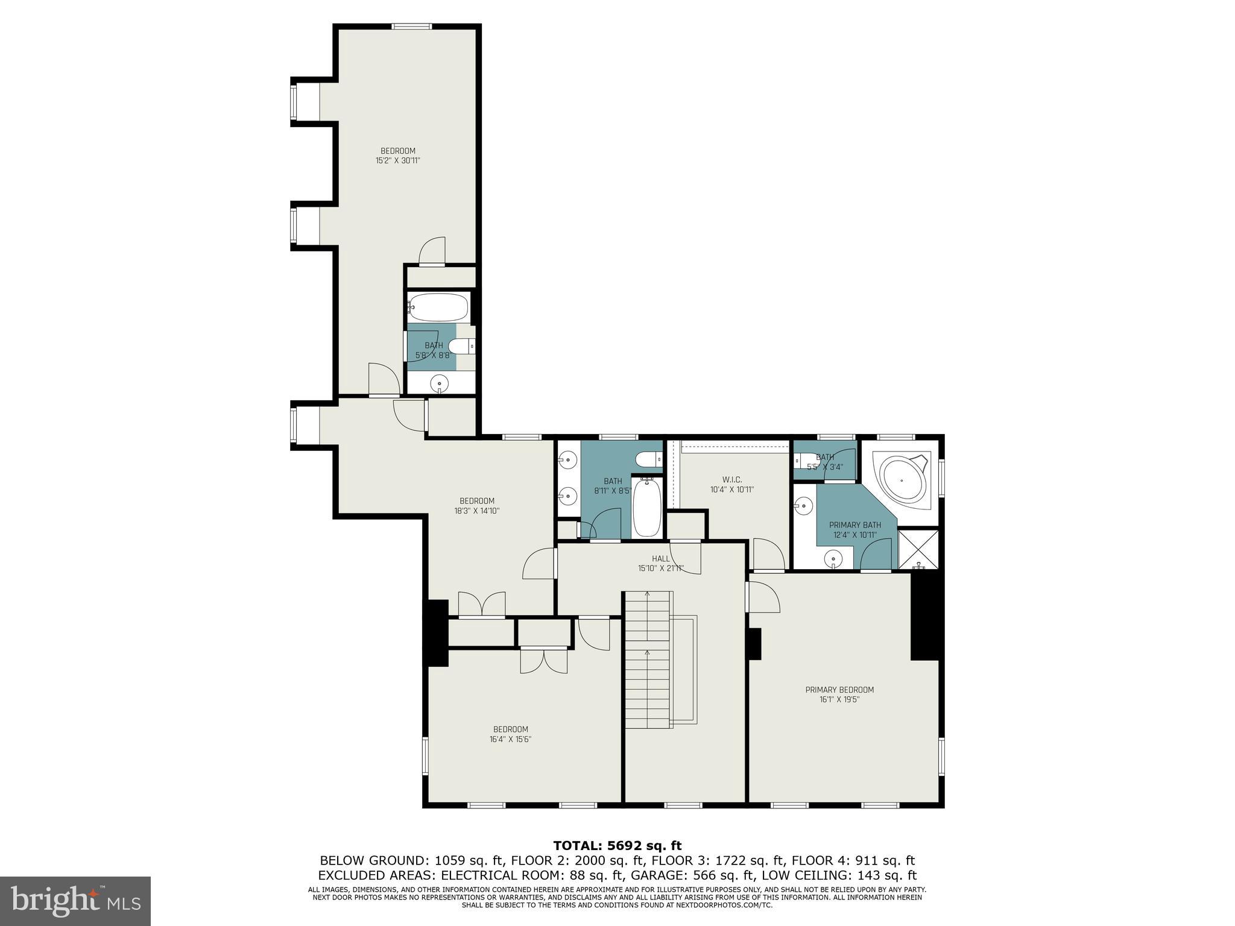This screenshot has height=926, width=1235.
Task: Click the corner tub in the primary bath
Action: coord(902,480)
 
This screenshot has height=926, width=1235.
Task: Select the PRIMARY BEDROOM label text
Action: coord(839,690)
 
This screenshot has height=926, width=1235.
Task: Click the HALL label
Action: coord(661,559)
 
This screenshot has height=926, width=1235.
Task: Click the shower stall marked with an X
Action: coord(918,549)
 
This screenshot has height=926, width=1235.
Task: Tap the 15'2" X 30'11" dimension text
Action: coord(397,161)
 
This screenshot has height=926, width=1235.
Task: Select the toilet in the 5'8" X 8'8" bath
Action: coord(463,347)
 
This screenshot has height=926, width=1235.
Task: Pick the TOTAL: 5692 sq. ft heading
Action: coord(617,846)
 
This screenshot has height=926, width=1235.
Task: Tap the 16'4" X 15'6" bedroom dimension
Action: coord(510,739)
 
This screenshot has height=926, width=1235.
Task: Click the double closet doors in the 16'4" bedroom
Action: coord(544,660)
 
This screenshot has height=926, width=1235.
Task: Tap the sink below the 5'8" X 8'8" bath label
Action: coord(440,383)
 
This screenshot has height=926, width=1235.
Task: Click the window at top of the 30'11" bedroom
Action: coord(412,26)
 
